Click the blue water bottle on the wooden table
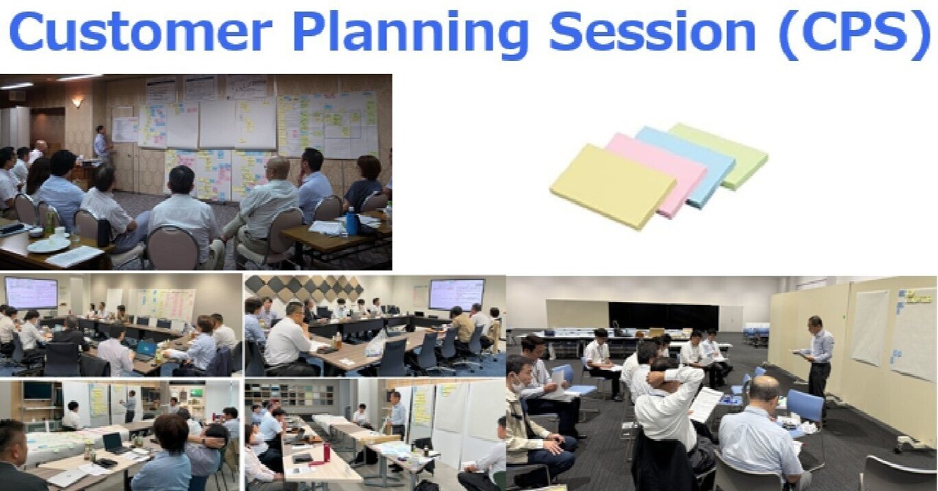click(352, 221)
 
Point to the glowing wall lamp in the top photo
click(77, 102)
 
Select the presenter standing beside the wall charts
click(101, 145)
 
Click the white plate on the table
click(49, 245)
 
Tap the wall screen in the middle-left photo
click(31, 292)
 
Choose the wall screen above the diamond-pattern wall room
click(456, 294)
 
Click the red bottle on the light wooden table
click(325, 452)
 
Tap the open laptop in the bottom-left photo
click(113, 443)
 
